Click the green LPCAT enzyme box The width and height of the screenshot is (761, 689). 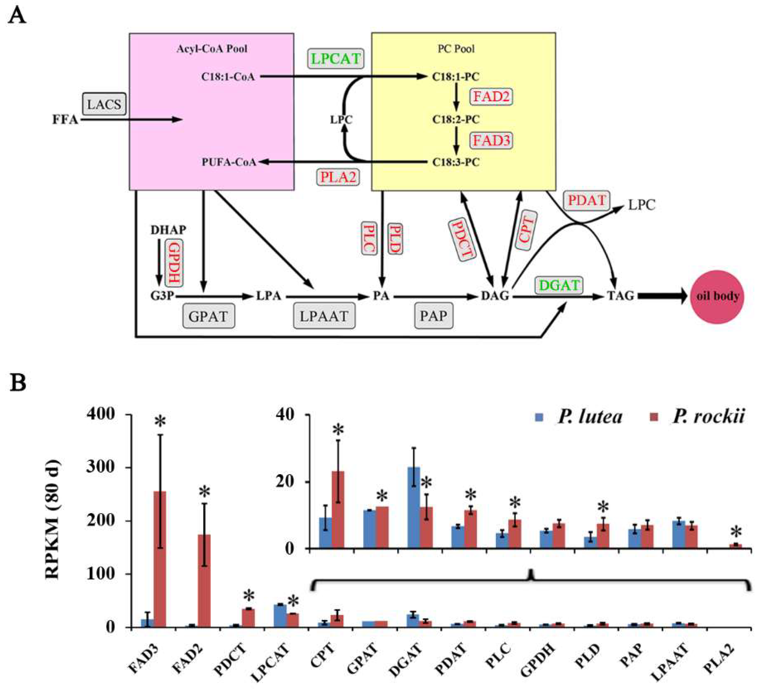pyautogui.click(x=336, y=59)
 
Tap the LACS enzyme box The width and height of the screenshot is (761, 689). pyautogui.click(x=104, y=104)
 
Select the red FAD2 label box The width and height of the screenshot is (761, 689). pyautogui.click(x=491, y=97)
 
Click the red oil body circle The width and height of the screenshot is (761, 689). pyautogui.click(x=717, y=297)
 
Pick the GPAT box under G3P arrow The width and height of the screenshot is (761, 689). pyautogui.click(x=208, y=316)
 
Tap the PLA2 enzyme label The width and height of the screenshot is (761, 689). pyautogui.click(x=338, y=177)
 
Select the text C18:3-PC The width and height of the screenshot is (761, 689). pyautogui.click(x=456, y=162)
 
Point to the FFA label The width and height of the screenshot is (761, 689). pyautogui.click(x=65, y=120)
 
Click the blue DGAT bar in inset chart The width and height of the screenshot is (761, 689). pyautogui.click(x=414, y=508)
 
